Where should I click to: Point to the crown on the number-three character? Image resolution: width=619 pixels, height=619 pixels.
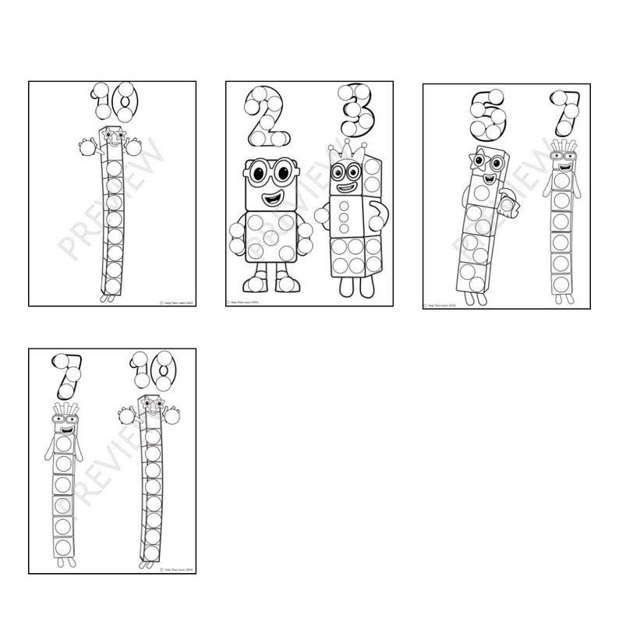pos(341,149)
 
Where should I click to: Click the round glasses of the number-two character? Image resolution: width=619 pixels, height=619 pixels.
pos(267,173)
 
